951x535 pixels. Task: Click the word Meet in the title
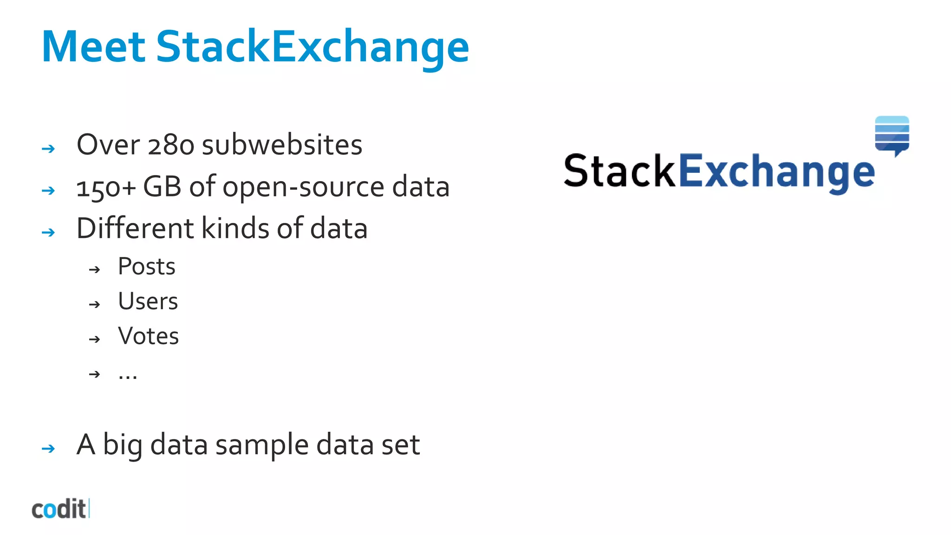(93, 46)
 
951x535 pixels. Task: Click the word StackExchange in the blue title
(312, 47)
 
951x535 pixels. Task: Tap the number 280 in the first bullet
(170, 145)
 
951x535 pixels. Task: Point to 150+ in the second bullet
(106, 187)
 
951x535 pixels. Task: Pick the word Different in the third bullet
(135, 228)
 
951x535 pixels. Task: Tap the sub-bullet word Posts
(147, 267)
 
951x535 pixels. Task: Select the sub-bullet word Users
(148, 301)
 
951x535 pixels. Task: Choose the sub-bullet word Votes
(149, 336)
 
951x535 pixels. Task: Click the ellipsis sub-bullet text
(128, 374)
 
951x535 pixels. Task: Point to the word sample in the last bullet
(262, 445)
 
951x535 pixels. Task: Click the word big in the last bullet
(123, 445)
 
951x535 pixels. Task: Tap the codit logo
(60, 509)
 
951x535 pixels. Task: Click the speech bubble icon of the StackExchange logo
(892, 135)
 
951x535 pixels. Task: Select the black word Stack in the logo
(619, 171)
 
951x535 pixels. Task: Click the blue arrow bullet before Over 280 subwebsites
(48, 149)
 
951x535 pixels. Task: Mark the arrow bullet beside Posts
(95, 269)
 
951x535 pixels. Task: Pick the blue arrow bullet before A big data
(48, 449)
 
